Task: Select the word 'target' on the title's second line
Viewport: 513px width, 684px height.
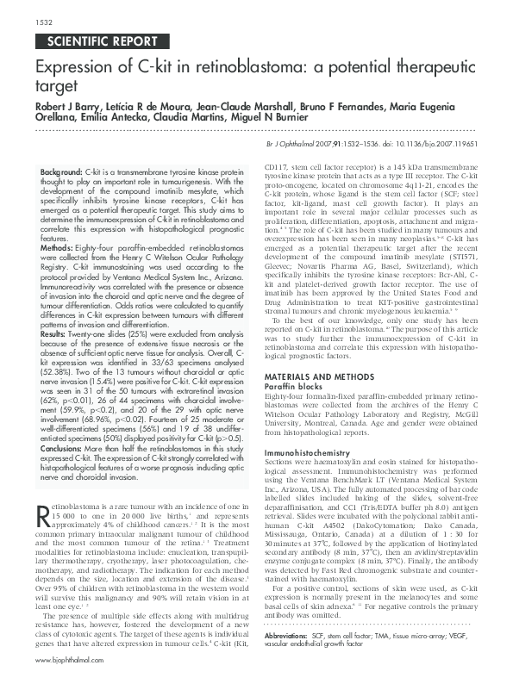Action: tap(55, 88)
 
